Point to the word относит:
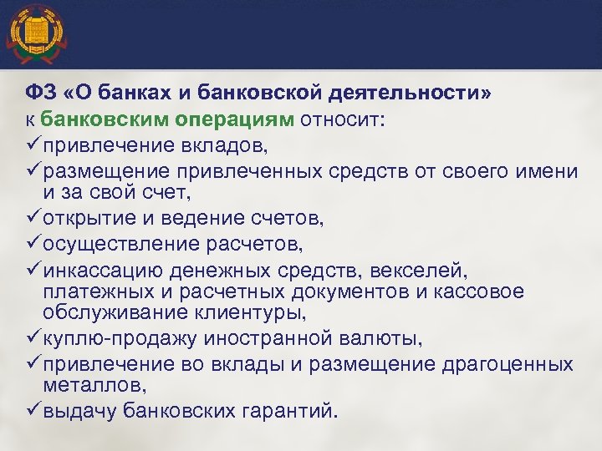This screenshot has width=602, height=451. coord(344,119)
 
